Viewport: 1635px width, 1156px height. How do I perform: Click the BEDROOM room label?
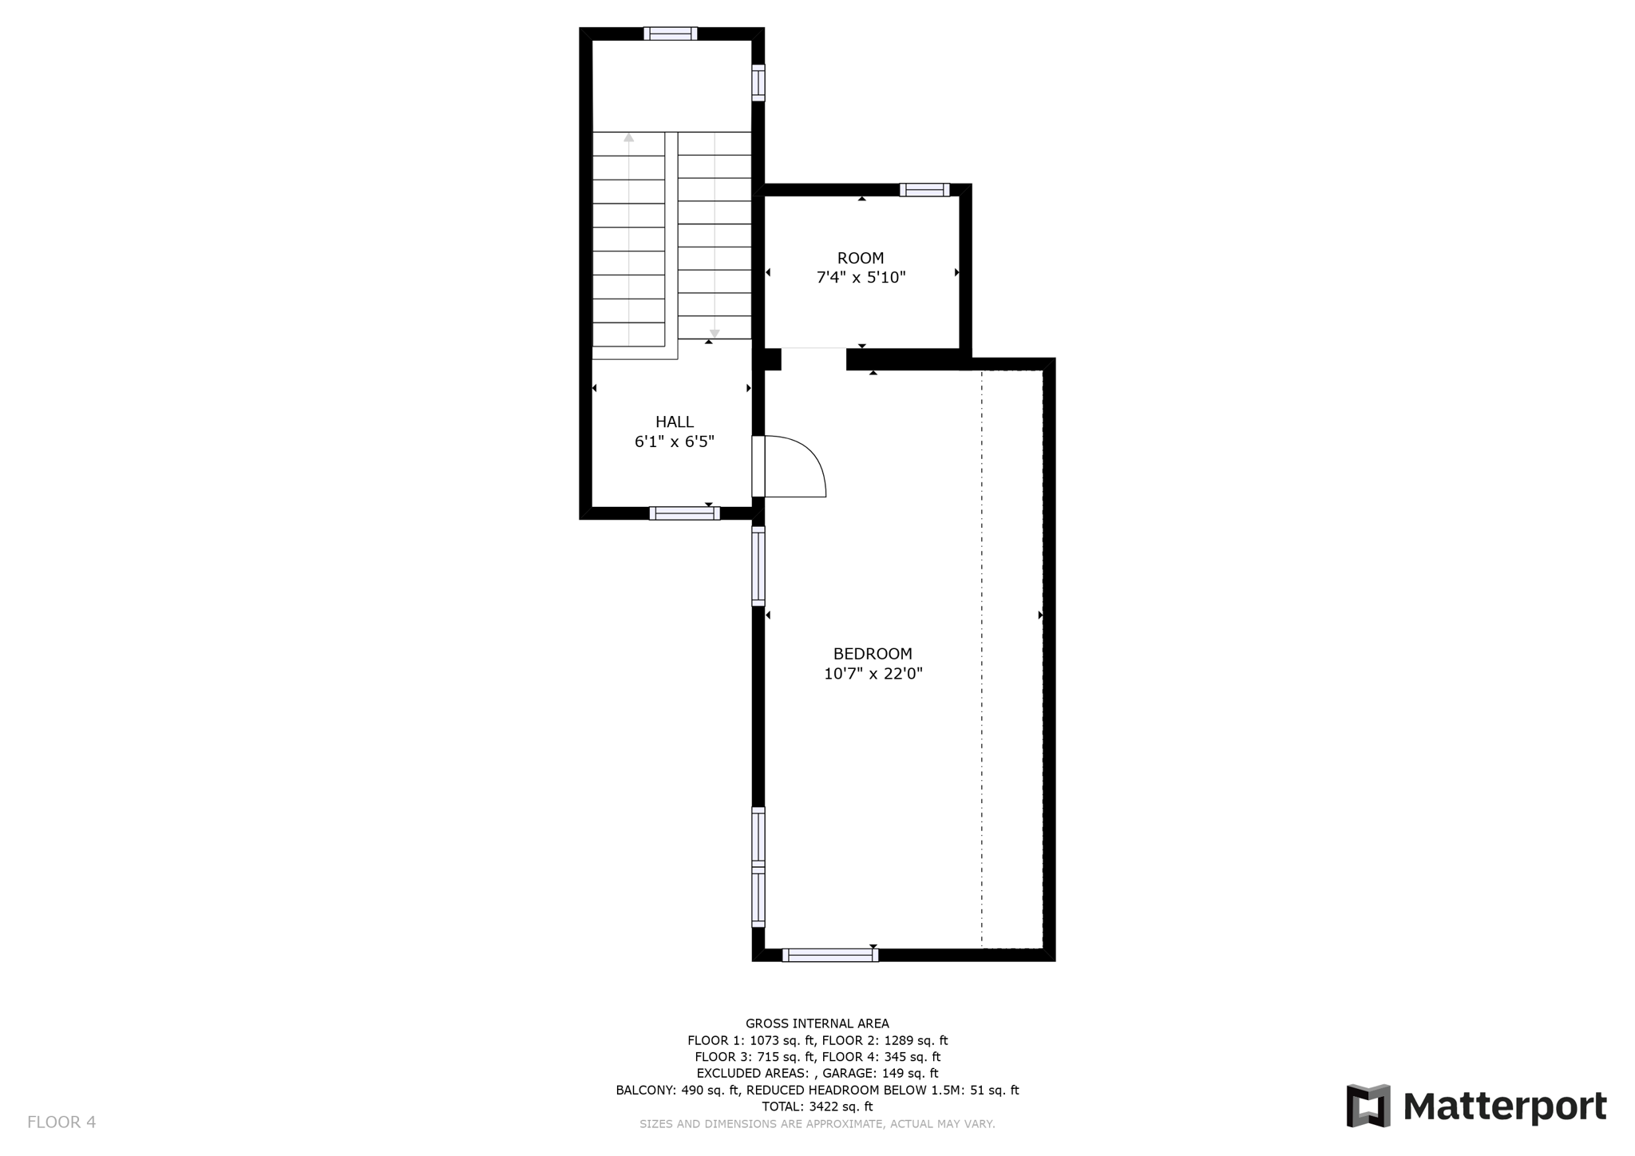[873, 654]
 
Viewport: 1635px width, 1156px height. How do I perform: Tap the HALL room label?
[675, 422]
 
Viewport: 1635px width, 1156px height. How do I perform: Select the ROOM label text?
[861, 258]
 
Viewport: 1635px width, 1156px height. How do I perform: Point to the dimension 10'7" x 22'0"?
[873, 674]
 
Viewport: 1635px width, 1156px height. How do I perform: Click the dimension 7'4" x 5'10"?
[861, 278]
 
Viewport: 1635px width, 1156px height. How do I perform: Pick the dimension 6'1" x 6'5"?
[675, 441]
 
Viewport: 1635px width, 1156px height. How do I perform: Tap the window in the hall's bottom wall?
[684, 513]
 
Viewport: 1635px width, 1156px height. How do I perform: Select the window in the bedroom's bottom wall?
[830, 955]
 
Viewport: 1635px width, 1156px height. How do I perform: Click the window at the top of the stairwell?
[671, 34]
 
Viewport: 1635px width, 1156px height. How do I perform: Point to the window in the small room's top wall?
[924, 190]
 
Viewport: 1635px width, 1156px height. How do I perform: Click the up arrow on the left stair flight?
[629, 138]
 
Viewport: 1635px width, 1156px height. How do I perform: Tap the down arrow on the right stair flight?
[715, 333]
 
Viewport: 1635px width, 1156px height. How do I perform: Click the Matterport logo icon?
[1368, 1106]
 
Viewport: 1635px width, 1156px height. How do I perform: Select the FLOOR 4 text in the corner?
[61, 1122]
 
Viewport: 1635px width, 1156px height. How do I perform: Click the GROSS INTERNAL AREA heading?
[817, 1023]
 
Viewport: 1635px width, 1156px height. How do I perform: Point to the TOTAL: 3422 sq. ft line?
[817, 1107]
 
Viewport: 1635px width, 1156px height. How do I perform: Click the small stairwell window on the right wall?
[758, 83]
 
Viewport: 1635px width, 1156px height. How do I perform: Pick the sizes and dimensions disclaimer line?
[817, 1124]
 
